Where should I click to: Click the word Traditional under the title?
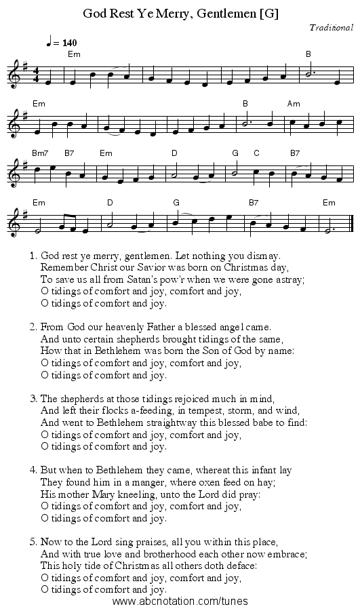tap(331, 28)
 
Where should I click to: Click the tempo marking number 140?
tap(68, 43)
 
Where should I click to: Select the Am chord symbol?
tap(294, 104)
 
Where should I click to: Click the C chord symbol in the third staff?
tap(257, 153)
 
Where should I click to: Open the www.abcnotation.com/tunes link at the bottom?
tap(180, 601)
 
